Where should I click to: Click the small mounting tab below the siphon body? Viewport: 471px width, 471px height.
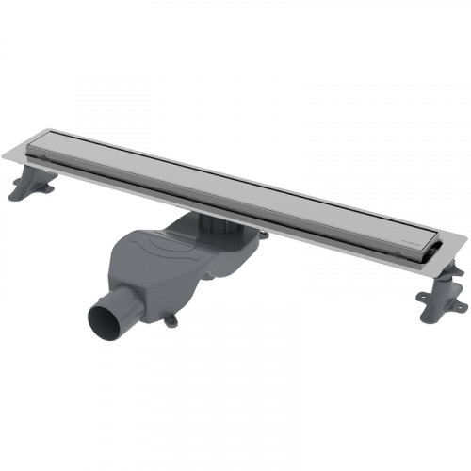click(x=171, y=320)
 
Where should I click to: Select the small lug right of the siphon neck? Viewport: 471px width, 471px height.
click(x=263, y=235)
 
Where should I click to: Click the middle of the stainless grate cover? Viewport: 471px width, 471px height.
click(x=235, y=188)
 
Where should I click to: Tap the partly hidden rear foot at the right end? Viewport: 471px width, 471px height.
click(x=453, y=268)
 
